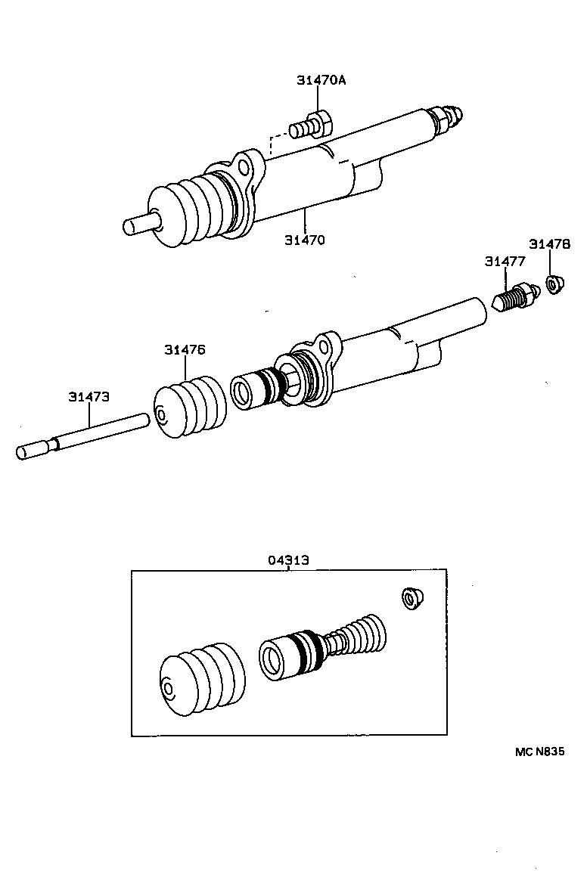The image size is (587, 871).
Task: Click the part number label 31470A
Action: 321,80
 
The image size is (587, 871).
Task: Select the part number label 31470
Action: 305,240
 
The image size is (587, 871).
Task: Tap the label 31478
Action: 549,244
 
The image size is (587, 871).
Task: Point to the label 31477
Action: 505,262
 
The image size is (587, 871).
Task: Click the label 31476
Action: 185,349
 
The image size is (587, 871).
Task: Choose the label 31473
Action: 89,396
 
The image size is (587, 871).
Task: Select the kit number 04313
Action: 288,560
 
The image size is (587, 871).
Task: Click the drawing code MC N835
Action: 540,752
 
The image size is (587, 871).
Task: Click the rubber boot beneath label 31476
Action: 190,408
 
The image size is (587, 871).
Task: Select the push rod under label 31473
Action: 83,436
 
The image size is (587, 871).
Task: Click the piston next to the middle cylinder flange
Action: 257,389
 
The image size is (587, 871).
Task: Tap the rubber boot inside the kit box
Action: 202,679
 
